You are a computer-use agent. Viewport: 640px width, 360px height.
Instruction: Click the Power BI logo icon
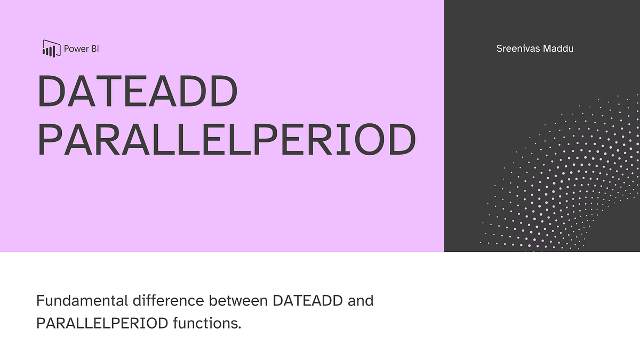[x=50, y=49]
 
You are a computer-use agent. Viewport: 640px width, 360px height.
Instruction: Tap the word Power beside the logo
[x=76, y=49]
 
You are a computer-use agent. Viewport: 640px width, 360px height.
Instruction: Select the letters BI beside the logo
[x=94, y=49]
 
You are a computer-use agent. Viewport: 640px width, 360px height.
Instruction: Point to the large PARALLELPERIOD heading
[x=226, y=140]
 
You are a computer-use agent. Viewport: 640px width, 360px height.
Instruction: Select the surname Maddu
[x=560, y=49]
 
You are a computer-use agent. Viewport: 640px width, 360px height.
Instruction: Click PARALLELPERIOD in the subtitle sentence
[x=102, y=323]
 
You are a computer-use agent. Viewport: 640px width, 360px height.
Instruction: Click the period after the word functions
[x=240, y=327]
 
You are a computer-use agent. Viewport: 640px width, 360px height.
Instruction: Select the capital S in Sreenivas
[x=500, y=49]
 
